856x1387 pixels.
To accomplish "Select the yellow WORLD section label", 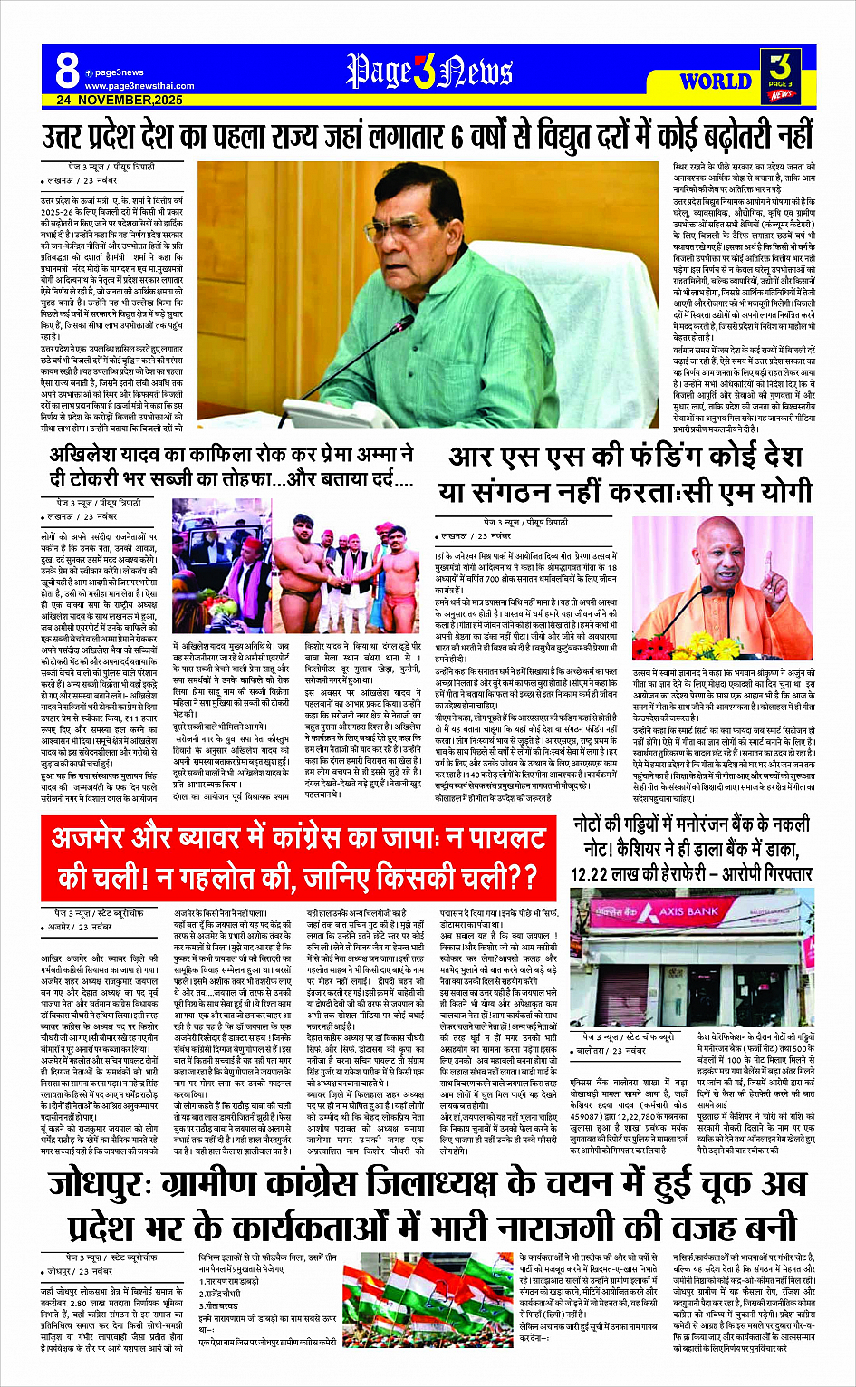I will pos(716,81).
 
